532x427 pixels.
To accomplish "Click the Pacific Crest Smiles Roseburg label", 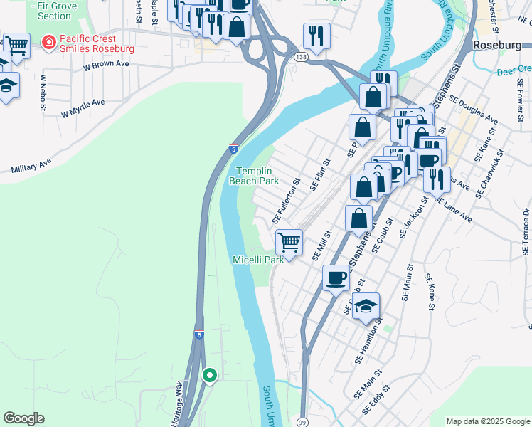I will [97, 43].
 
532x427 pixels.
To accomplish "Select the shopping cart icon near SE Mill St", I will [289, 241].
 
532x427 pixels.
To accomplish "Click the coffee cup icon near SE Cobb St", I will [336, 277].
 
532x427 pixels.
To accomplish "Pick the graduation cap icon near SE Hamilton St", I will [366, 305].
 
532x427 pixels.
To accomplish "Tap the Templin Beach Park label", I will [253, 176].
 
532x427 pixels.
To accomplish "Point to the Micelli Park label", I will [258, 260].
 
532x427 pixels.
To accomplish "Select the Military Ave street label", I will [31, 166].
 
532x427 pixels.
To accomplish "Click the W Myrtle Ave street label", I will [83, 107].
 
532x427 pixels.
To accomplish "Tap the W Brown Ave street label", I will [106, 65].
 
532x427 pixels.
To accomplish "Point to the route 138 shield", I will [301, 56].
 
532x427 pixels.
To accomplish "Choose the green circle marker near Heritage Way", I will [209, 375].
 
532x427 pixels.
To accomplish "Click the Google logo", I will [23, 418].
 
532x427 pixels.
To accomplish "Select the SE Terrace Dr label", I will [525, 231].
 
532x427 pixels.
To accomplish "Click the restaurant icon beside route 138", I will [316, 35].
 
